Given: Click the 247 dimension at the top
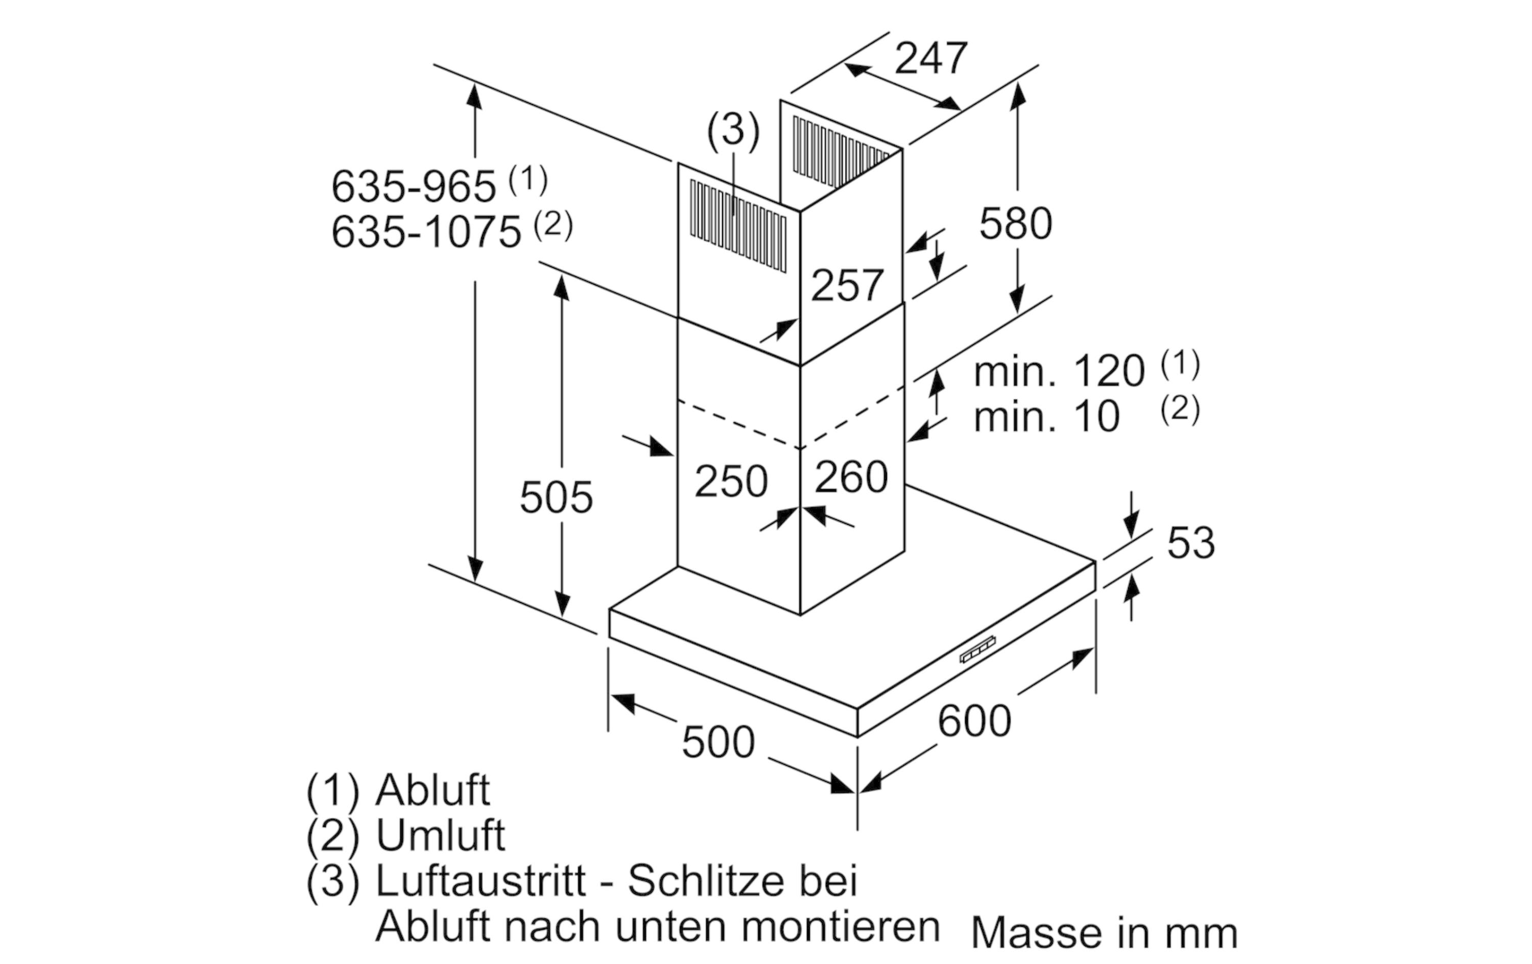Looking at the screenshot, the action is [x=931, y=59].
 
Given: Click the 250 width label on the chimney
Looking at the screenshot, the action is [x=731, y=481].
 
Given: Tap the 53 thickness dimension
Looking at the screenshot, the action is [x=1191, y=543].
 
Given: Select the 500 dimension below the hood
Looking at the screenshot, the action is [x=719, y=742].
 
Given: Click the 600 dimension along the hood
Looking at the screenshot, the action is [x=974, y=721].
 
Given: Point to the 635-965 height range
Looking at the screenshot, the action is [x=414, y=186].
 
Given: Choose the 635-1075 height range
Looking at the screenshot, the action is [x=426, y=232].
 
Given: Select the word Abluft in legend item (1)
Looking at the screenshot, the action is [x=433, y=790].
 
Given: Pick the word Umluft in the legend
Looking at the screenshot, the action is [x=441, y=835].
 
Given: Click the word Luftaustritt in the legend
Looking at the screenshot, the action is [x=481, y=881].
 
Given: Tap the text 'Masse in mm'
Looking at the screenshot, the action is [x=1105, y=933].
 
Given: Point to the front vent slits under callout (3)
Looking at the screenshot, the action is [x=738, y=226].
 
